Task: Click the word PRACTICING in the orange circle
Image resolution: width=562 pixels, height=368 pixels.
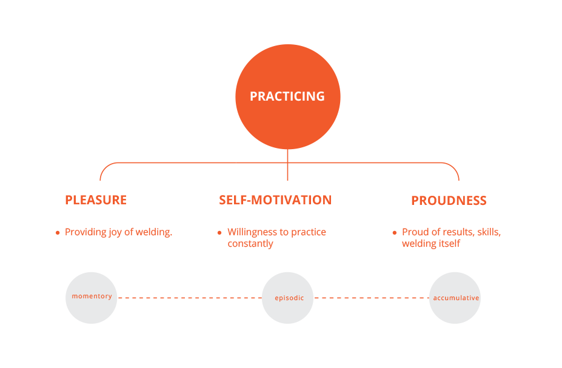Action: (287, 96)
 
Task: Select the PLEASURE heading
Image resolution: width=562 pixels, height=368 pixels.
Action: (96, 200)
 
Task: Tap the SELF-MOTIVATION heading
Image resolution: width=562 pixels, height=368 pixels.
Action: (275, 200)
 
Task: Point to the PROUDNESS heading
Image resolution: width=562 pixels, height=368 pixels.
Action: (449, 200)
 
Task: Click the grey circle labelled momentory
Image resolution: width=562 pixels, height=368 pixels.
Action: (92, 298)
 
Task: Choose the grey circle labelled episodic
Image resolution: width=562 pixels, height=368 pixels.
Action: (288, 298)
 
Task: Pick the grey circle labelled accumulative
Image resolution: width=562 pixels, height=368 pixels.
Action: (455, 298)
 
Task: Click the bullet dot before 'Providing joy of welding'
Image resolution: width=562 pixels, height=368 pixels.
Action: (58, 233)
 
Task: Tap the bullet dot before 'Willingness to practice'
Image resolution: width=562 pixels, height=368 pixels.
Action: (219, 233)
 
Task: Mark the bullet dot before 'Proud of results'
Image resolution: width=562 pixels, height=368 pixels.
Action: (395, 233)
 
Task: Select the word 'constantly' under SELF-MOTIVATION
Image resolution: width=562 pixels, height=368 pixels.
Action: (250, 244)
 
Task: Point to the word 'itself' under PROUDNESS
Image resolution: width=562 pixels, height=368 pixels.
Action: (451, 244)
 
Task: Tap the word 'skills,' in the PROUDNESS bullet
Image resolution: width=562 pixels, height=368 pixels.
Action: (489, 232)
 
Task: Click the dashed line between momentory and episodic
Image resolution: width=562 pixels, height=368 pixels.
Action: (190, 298)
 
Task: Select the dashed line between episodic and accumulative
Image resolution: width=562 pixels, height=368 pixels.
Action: (371, 298)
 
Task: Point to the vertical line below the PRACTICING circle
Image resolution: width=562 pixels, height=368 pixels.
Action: (287, 165)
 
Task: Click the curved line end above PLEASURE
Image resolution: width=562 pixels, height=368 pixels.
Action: (100, 180)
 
